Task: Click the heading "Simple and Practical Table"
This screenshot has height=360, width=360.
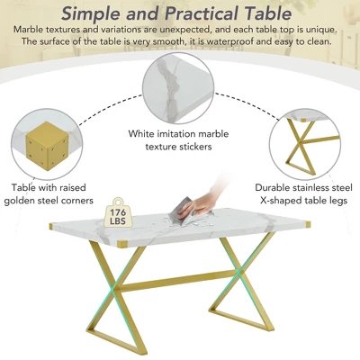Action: pyautogui.click(x=180, y=13)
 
